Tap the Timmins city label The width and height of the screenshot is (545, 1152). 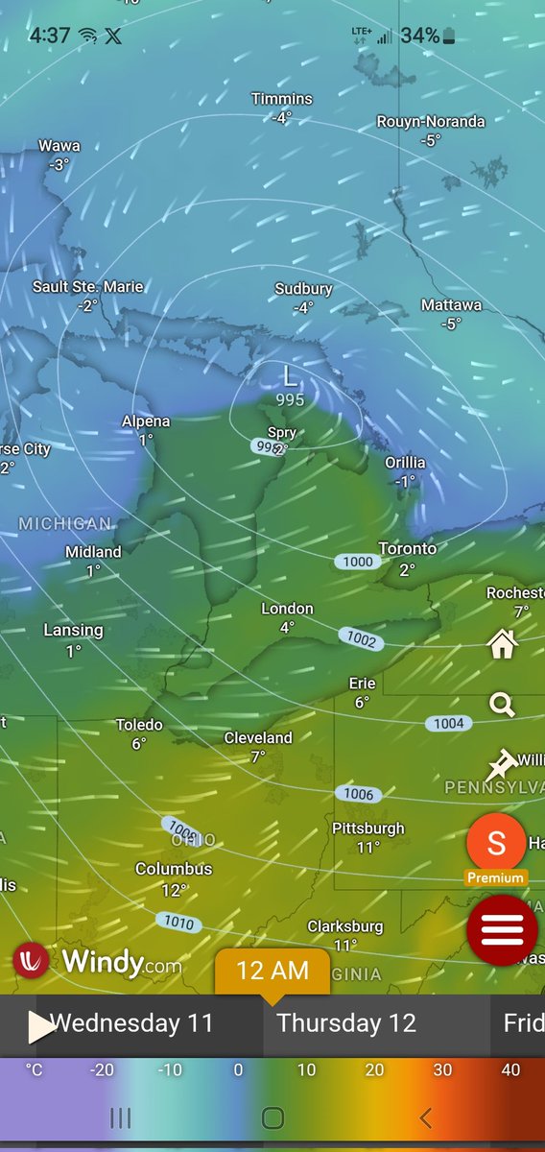click(282, 99)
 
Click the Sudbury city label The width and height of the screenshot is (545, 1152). click(303, 289)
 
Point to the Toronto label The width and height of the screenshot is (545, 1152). click(407, 549)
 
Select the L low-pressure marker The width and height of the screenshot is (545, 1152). click(290, 375)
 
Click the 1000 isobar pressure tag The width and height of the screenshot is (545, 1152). click(357, 562)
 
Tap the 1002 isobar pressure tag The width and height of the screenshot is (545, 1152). click(362, 637)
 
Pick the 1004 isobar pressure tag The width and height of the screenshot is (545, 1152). click(448, 724)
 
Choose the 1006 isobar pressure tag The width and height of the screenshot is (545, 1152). click(358, 794)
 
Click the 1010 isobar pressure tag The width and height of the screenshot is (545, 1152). click(178, 924)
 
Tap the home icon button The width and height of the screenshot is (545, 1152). click(502, 644)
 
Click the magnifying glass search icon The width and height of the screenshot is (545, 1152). click(502, 706)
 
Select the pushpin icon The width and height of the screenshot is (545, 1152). click(500, 765)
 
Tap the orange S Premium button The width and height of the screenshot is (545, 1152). click(496, 844)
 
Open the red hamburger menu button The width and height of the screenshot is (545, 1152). click(502, 929)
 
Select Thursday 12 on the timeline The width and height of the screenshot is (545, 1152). click(346, 1023)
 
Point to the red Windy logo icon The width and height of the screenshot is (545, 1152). click(32, 961)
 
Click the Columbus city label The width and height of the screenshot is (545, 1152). click(174, 869)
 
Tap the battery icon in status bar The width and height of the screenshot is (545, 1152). click(451, 36)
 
